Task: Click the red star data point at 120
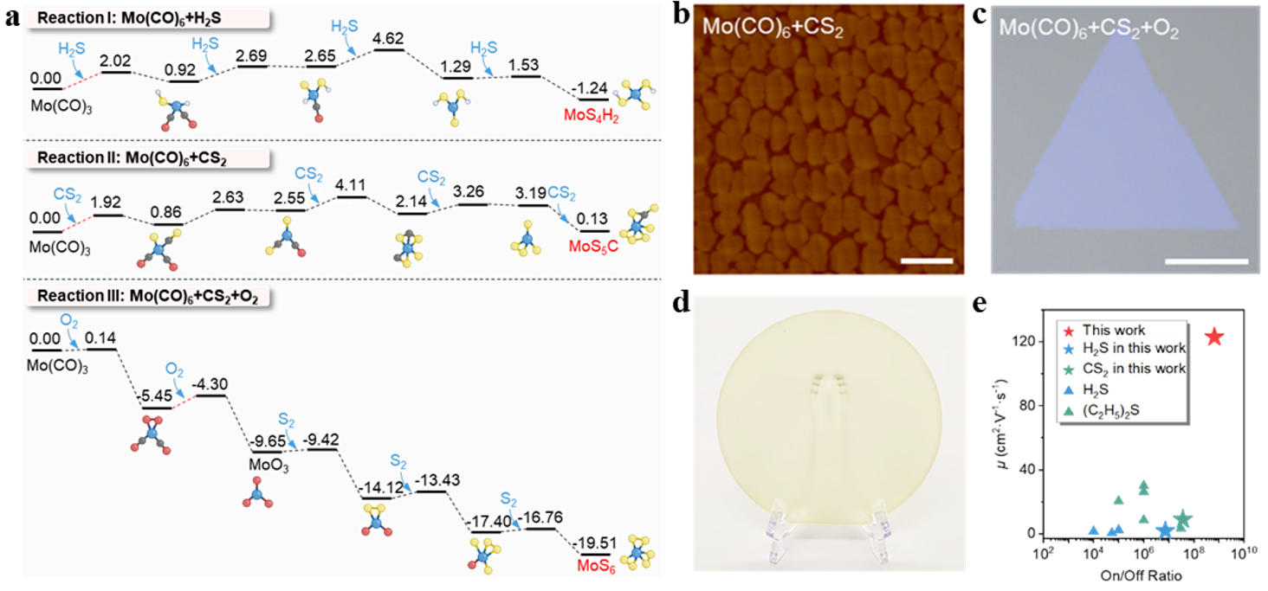pyautogui.click(x=1214, y=337)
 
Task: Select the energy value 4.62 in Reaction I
pyautogui.click(x=389, y=39)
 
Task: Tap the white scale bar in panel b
pyautogui.click(x=927, y=260)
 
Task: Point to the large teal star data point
pyautogui.click(x=1182, y=518)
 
